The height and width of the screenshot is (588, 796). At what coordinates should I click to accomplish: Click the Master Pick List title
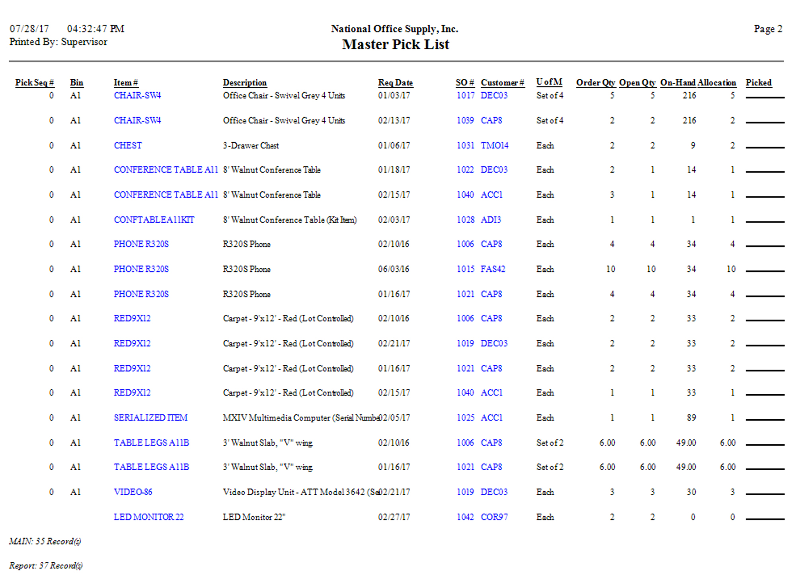[x=396, y=45]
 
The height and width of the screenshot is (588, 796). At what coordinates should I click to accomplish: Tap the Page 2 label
[x=768, y=29]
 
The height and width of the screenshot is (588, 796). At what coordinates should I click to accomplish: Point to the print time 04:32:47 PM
[x=96, y=29]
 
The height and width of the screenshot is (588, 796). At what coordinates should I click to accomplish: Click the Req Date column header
[x=395, y=83]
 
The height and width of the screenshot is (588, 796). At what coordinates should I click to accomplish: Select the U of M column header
[x=549, y=82]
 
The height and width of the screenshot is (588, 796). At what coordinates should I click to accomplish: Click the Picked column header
[x=758, y=83]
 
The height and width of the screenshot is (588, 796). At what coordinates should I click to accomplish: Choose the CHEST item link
[x=128, y=146]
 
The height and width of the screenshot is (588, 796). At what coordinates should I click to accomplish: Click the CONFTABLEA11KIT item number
[x=154, y=220]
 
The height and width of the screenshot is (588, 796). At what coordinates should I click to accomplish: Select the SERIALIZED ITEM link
[x=150, y=418]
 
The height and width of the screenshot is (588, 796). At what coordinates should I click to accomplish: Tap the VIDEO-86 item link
[x=133, y=492]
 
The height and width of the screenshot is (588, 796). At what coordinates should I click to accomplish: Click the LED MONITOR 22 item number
[x=148, y=517]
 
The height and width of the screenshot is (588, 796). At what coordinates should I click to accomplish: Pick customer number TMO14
[x=494, y=146]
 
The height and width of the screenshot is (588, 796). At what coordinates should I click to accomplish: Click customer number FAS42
[x=493, y=269]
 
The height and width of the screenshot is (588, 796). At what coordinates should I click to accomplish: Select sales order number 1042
[x=465, y=517]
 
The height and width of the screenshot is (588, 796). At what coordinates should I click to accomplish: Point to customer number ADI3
[x=491, y=220]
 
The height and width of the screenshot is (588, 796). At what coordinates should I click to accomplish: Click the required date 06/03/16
[x=393, y=269]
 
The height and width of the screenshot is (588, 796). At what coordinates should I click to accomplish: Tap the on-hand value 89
[x=691, y=418]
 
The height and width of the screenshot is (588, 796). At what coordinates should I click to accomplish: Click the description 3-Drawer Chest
[x=251, y=146]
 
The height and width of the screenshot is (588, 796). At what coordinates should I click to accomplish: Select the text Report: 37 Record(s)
[x=46, y=566]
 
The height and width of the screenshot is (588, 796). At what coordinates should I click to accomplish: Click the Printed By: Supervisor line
[x=58, y=42]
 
